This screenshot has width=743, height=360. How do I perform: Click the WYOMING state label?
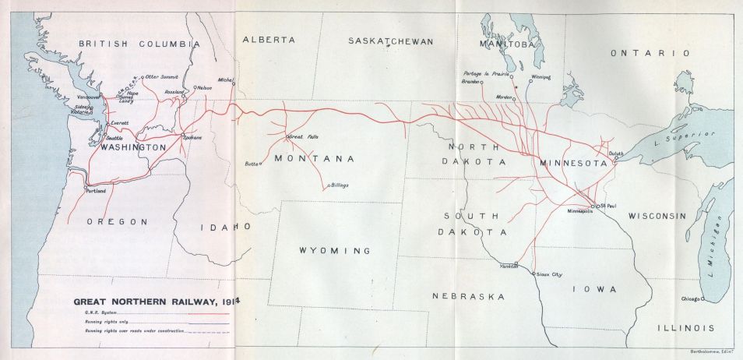coord(334,250)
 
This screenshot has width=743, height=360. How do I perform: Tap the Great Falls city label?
coord(304,136)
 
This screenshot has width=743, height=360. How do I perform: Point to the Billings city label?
coord(339,185)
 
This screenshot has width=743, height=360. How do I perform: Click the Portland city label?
coord(96,190)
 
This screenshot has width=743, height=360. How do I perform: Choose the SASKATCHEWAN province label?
coord(389,41)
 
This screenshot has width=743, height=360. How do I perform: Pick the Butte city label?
coord(251,164)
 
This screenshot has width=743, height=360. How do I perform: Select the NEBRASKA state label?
coord(468,296)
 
